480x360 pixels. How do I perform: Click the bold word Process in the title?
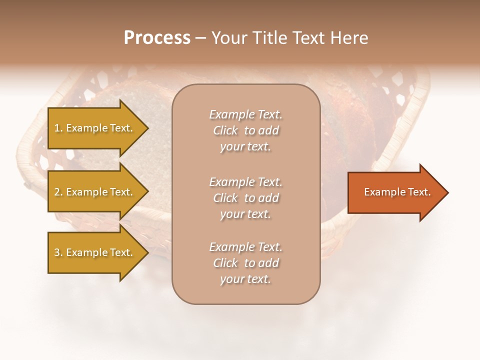click(157, 38)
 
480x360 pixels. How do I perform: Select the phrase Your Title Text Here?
click(289, 38)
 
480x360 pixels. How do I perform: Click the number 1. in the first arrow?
click(58, 128)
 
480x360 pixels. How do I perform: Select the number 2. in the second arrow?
click(58, 192)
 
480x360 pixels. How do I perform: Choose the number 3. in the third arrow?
click(58, 252)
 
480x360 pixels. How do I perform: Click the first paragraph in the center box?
click(245, 130)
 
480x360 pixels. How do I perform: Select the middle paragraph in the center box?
click(245, 198)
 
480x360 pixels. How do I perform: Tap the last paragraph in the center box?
click(245, 263)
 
